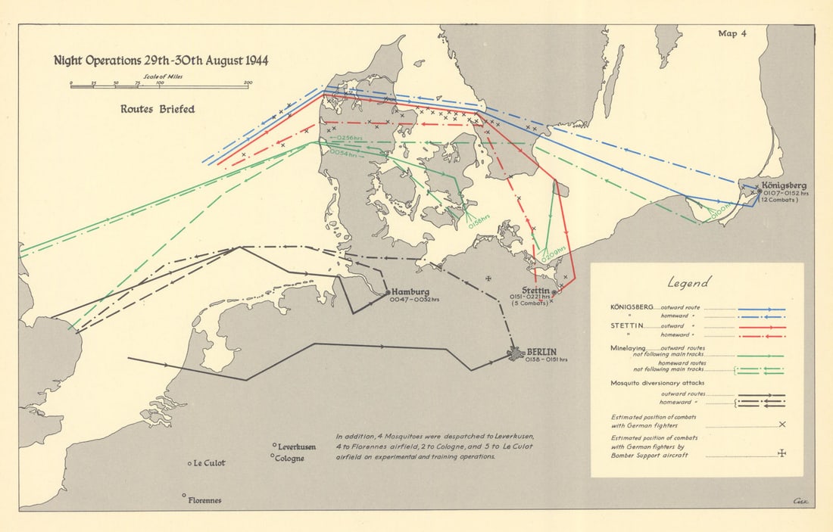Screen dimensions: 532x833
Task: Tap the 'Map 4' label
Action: tap(732, 33)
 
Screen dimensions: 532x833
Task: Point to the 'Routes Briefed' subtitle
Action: tap(158, 109)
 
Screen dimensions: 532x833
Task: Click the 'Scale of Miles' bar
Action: tap(159, 86)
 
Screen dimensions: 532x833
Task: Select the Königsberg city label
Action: tap(785, 185)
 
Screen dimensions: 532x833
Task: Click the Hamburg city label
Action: tap(410, 291)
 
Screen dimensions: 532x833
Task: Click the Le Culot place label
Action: tap(210, 463)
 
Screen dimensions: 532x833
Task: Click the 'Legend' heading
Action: tap(688, 283)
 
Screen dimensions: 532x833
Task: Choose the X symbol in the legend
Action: tap(782, 425)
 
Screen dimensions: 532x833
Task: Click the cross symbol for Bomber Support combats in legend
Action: tap(782, 454)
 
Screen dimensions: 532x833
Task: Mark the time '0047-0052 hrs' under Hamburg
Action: tap(415, 300)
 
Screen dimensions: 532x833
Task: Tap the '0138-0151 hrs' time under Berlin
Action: tap(545, 360)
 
